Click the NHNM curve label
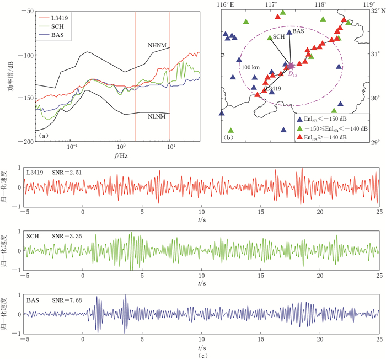(x=157, y=44)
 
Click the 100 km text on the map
(x=250, y=67)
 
